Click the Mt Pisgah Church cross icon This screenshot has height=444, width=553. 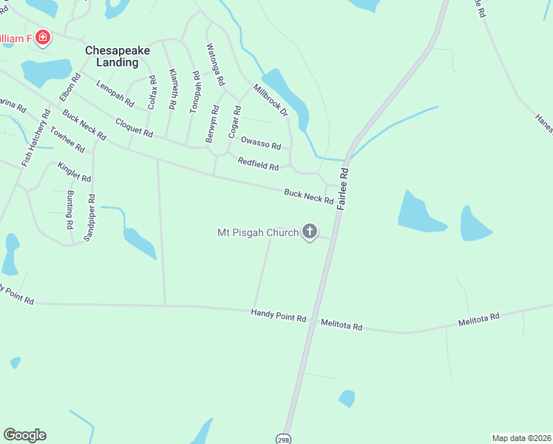(310, 232)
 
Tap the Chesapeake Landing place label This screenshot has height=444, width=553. (118, 56)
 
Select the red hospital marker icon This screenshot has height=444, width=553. (42, 37)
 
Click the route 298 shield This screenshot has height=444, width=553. (284, 439)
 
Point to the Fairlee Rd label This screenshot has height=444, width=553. (343, 189)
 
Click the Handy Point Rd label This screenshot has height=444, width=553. (278, 316)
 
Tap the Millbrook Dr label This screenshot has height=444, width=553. (270, 100)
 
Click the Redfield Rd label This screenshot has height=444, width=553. (257, 164)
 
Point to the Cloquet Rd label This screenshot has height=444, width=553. (133, 128)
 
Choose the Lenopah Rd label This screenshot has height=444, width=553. (115, 92)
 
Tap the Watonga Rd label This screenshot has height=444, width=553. (214, 64)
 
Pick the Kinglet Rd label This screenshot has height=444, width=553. (74, 172)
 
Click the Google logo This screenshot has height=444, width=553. (24, 435)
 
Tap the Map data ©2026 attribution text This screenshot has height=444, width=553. (521, 438)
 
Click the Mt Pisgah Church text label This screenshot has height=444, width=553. (257, 232)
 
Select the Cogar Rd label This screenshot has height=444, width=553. (234, 122)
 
